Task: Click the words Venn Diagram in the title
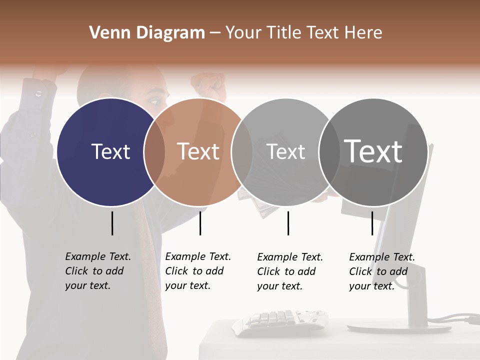(x=147, y=33)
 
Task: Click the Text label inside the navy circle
(x=110, y=151)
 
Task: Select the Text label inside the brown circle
(x=198, y=151)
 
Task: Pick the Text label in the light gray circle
(x=285, y=151)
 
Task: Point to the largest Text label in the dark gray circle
(x=373, y=151)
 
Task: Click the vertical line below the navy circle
(x=112, y=223)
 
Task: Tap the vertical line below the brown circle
(x=200, y=223)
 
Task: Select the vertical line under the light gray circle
(x=288, y=223)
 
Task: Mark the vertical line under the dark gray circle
(x=372, y=223)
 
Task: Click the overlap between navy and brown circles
(x=154, y=152)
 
